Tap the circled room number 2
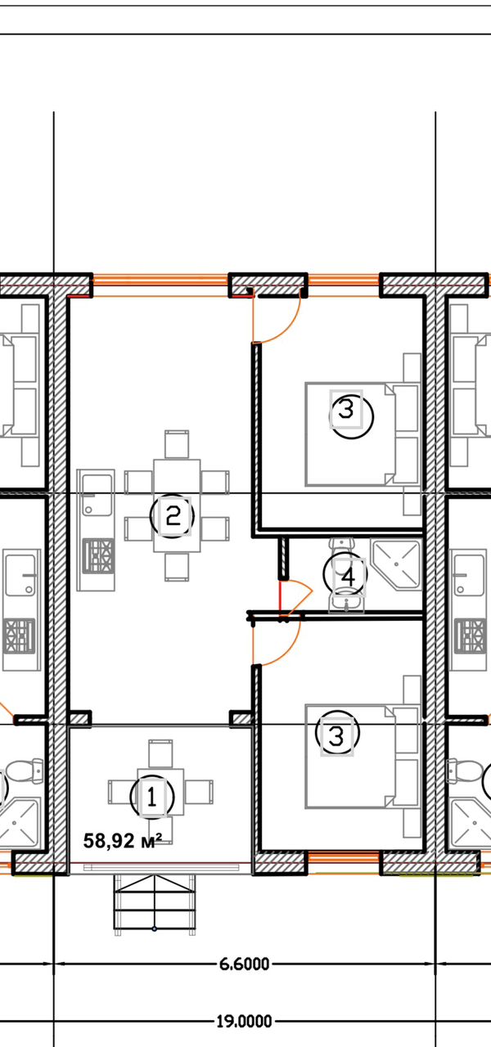(172, 516)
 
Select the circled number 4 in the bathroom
(345, 574)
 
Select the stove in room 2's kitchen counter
(98, 555)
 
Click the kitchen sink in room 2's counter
(97, 496)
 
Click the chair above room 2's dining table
(177, 444)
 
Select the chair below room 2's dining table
(177, 567)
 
